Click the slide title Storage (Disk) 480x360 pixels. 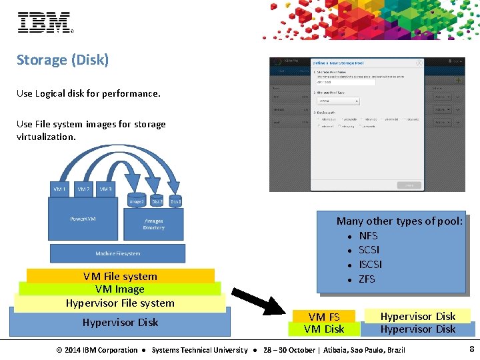pyautogui.click(x=63, y=60)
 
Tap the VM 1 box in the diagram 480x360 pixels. pyautogui.click(x=60, y=189)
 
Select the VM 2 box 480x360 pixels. pyautogui.click(x=83, y=189)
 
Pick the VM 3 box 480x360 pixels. pyautogui.click(x=105, y=189)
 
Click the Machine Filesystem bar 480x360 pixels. pyautogui.click(x=118, y=253)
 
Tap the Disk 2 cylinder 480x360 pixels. pyautogui.click(x=157, y=201)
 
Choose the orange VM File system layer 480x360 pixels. pyautogui.click(x=120, y=275)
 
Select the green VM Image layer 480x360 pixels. pyautogui.click(x=120, y=289)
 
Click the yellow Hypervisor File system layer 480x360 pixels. pyautogui.click(x=120, y=303)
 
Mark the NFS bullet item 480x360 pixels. pyautogui.click(x=368, y=235)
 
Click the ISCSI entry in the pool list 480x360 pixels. pyautogui.click(x=370, y=264)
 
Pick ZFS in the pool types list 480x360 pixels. pyautogui.click(x=367, y=279)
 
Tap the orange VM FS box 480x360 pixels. pyautogui.click(x=324, y=317)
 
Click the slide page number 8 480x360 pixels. pyautogui.click(x=471, y=349)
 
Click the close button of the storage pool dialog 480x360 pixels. pyautogui.click(x=419, y=63)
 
